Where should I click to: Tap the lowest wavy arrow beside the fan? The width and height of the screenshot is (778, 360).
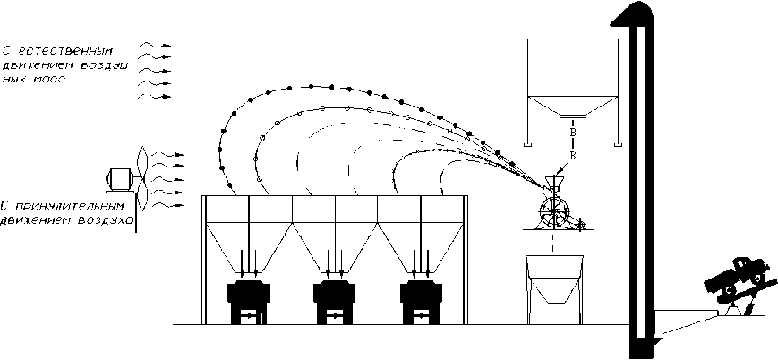(167, 205)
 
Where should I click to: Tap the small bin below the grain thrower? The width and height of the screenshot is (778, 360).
(555, 288)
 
